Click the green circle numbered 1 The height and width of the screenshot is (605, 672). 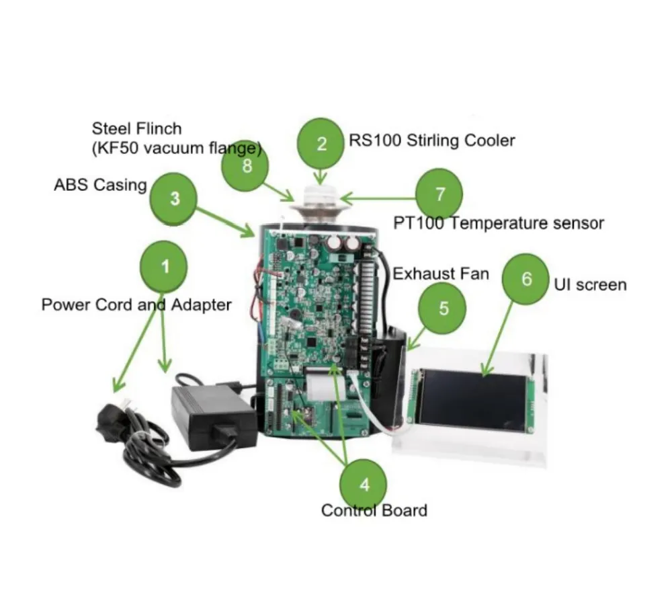pyautogui.click(x=164, y=266)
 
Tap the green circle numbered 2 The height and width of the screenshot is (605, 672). pyautogui.click(x=321, y=144)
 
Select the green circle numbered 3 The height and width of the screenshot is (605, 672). pyautogui.click(x=173, y=198)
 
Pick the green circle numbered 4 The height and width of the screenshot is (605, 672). pyautogui.click(x=364, y=485)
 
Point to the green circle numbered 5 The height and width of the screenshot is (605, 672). pyautogui.click(x=443, y=309)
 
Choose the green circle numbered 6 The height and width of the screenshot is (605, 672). pyautogui.click(x=526, y=279)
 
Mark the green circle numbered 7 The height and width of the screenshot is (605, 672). pyautogui.click(x=439, y=194)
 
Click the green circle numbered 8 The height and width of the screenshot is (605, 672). pyautogui.click(x=245, y=165)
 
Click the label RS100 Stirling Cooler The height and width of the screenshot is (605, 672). pyautogui.click(x=432, y=140)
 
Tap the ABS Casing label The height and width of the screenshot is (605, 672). pyautogui.click(x=100, y=185)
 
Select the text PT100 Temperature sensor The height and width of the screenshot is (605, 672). pyautogui.click(x=499, y=223)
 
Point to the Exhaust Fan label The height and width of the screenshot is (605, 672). pyautogui.click(x=441, y=274)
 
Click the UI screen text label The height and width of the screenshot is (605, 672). pyautogui.click(x=590, y=285)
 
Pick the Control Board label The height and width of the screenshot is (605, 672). pyautogui.click(x=374, y=510)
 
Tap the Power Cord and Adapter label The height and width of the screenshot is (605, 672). pyautogui.click(x=136, y=305)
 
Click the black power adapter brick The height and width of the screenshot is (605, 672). pyautogui.click(x=214, y=416)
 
